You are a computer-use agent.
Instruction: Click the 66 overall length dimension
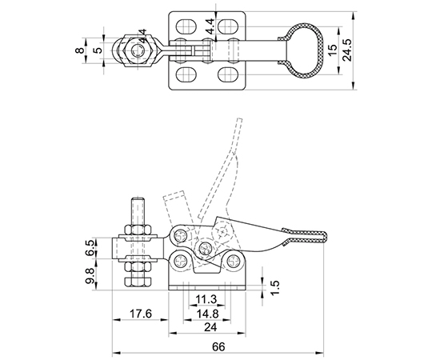218,346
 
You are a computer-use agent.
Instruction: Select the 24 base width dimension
210,327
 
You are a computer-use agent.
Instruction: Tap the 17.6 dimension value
141,314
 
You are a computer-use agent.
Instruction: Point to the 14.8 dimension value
207,314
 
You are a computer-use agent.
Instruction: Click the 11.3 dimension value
206,299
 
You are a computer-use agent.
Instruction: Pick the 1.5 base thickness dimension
275,287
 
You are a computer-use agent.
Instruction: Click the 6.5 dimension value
90,248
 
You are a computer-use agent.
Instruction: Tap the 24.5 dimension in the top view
347,50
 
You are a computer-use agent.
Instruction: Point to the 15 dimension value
333,50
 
